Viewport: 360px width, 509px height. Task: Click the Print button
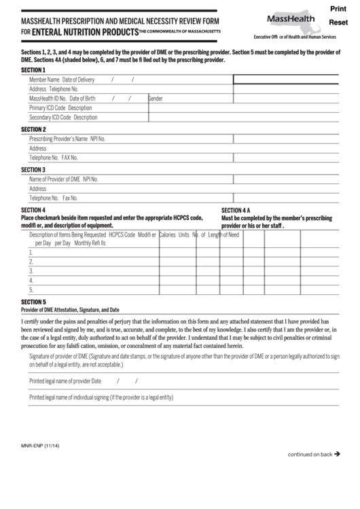pos(338,9)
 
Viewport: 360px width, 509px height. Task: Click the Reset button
pos(338,23)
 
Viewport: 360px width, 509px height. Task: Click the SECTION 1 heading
pos(33,69)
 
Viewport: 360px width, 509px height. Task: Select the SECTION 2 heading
pos(33,128)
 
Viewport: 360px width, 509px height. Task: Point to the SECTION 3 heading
pos(33,169)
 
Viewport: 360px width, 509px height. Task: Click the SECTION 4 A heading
pos(236,210)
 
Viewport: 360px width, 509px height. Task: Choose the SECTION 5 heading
pos(33,301)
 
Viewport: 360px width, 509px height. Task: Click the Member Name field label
pos(44,80)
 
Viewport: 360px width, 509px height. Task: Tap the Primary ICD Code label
pos(48,107)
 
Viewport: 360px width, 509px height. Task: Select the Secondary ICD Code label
pos(50,117)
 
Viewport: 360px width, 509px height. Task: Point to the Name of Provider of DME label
pos(54,179)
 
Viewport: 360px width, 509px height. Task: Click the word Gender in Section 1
pos(156,99)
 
